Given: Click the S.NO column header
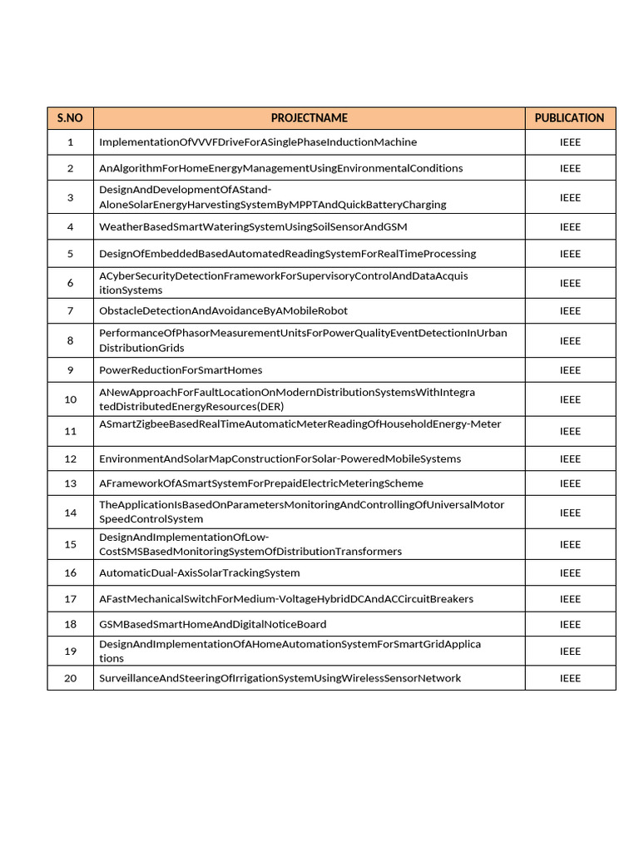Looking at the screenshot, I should (70, 118).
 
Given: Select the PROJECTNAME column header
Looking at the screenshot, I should (309, 118).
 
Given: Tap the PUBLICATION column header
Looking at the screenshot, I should (569, 118).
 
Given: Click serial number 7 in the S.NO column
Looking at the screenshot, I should (70, 311).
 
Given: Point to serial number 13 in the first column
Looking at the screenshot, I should (70, 483).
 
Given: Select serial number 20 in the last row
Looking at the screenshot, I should (70, 678).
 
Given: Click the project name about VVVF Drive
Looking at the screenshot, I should (258, 142).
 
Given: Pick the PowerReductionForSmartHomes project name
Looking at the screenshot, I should (181, 370).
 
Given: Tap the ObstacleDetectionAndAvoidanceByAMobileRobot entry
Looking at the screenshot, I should (223, 311).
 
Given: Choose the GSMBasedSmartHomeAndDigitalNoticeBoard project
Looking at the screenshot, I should (212, 624).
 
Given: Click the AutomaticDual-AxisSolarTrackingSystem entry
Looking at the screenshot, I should (200, 573).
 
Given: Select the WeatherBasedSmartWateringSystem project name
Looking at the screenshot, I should (253, 227).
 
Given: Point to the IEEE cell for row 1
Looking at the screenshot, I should (570, 142).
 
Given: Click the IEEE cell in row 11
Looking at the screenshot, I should (570, 431).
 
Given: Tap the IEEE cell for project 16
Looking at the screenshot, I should (570, 573).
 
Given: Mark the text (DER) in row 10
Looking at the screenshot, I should (270, 407).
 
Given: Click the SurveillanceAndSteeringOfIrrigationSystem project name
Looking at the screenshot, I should (280, 678).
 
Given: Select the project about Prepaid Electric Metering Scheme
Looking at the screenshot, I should (261, 483).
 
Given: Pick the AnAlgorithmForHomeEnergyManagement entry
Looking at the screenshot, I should (280, 168).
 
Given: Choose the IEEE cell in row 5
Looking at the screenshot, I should (570, 254).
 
